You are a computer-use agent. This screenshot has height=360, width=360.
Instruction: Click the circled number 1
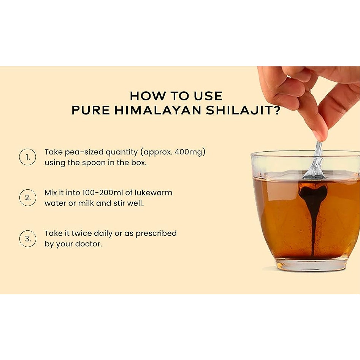(x=27, y=157)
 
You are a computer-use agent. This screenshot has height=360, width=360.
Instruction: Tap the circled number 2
(x=27, y=198)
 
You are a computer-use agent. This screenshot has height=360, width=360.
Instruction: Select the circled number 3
(x=27, y=239)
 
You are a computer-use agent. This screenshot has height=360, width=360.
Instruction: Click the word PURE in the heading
(x=91, y=110)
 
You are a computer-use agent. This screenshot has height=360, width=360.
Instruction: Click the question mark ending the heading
(x=277, y=110)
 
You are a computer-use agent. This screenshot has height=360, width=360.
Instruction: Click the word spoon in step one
(x=94, y=163)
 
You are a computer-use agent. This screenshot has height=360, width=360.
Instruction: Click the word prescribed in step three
(x=156, y=233)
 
